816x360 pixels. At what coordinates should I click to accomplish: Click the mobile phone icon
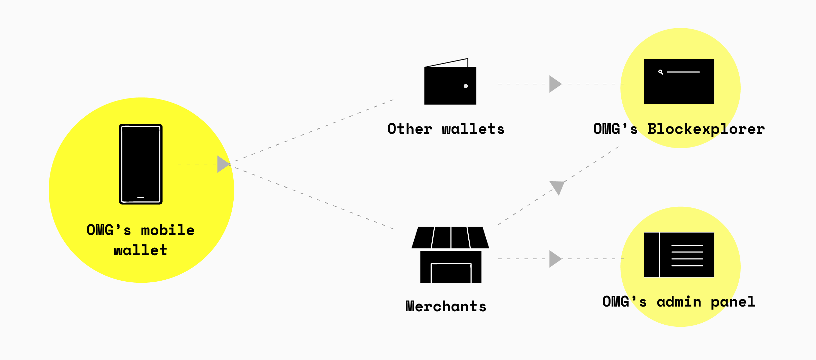141,164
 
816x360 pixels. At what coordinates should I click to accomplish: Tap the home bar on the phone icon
141,198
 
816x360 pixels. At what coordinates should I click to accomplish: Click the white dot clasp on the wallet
466,86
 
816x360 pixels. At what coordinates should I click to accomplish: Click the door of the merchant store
451,273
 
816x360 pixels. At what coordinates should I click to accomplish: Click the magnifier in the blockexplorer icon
661,72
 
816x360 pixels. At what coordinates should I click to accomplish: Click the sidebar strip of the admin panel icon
652,255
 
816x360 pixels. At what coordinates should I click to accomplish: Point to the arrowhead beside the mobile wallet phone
223,164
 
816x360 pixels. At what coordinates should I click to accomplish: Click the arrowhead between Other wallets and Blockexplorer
555,84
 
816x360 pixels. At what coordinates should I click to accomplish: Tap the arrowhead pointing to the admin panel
555,259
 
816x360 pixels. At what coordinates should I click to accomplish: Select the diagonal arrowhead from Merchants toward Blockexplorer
557,187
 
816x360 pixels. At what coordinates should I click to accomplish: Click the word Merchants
446,307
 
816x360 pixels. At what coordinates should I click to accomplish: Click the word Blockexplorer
706,129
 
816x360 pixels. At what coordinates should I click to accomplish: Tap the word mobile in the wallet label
167,231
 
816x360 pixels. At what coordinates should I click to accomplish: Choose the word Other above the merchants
410,129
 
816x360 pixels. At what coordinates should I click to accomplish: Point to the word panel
733,302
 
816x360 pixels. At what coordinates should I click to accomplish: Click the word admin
679,302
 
